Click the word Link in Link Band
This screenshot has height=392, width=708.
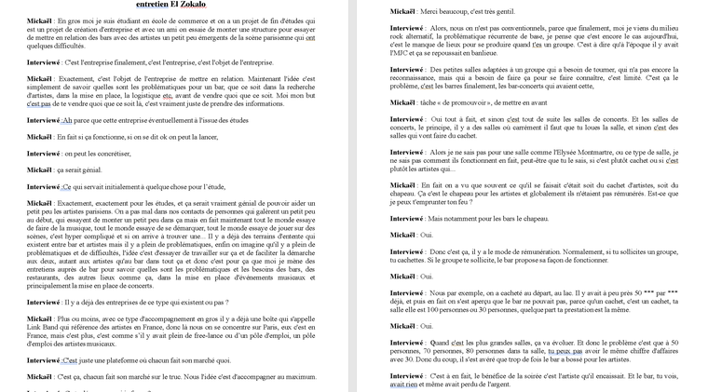[38, 327]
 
